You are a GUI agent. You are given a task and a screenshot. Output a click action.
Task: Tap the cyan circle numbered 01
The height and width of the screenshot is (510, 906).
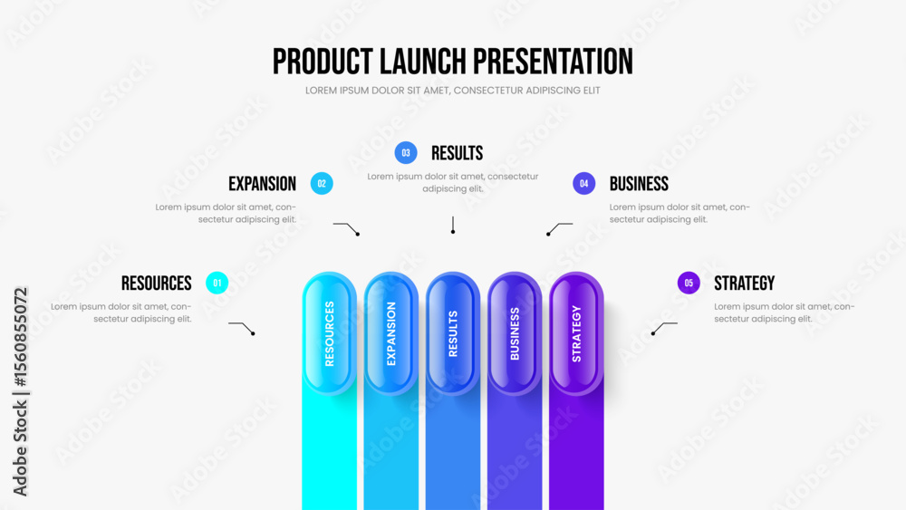coord(217,283)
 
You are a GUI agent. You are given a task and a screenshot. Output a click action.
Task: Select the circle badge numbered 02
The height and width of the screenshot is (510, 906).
coord(322,184)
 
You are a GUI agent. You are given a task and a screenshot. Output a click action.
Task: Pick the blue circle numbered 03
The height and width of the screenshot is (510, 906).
coord(406,153)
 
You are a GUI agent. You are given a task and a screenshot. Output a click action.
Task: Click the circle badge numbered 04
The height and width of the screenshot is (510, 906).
coord(584,184)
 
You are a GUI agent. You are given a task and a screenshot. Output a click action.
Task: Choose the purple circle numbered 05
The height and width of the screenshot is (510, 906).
coord(689,283)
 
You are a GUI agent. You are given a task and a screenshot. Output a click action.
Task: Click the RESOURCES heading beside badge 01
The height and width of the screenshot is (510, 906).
coord(157,283)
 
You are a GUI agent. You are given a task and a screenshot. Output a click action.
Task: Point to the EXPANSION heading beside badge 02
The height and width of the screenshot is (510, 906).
coord(263,184)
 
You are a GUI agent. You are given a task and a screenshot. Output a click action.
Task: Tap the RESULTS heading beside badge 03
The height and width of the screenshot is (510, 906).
coord(457,153)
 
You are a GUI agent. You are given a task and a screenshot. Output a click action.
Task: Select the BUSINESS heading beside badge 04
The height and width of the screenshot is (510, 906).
coord(639,184)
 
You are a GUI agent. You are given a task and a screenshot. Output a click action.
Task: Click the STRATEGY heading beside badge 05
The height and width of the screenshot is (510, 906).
coord(744,283)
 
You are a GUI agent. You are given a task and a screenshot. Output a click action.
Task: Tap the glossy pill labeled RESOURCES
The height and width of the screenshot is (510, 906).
coord(330,333)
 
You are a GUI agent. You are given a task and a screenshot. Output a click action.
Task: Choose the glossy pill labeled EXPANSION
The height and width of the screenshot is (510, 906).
coord(391,333)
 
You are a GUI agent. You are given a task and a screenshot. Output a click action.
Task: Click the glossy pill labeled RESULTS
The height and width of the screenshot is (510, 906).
coord(453,333)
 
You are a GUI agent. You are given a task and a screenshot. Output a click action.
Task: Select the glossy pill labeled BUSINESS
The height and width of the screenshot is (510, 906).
coord(515,333)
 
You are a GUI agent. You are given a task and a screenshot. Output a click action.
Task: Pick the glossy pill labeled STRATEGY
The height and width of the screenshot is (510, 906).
coord(576,333)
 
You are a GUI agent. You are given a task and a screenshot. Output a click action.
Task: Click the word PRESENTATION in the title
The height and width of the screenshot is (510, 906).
coord(553,62)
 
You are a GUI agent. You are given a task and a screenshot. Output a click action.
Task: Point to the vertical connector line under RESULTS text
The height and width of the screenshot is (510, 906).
coord(453,225)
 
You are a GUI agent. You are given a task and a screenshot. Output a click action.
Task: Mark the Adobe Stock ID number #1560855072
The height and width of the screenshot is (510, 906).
coord(21,337)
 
